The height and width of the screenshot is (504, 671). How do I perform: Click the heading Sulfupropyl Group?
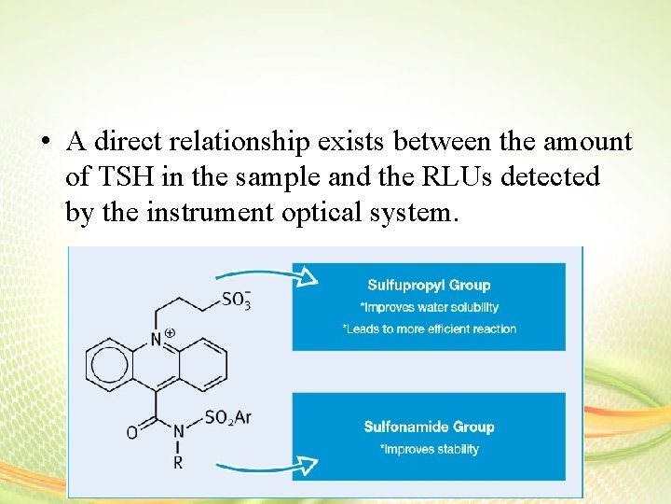(x=428, y=285)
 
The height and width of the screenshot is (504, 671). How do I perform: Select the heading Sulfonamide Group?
(x=428, y=427)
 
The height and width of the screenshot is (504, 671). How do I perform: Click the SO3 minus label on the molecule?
(x=237, y=300)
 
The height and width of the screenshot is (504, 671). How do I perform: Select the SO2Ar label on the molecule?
(x=227, y=417)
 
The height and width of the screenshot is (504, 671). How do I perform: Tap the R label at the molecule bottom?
(x=179, y=462)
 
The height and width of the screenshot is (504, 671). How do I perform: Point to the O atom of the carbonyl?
(x=131, y=431)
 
